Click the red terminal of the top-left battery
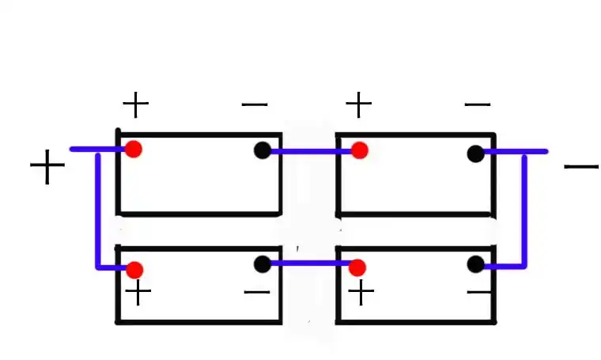coord(134,149)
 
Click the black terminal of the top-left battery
coord(263,150)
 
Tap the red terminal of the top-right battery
coord(359,150)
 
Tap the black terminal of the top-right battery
coord(475,153)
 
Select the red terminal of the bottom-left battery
coord(134,270)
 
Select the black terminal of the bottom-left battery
coord(263,264)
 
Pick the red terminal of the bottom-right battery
coord(357,267)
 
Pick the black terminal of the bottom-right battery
coord(475,264)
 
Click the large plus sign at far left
coord(47,167)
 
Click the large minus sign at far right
coord(581,166)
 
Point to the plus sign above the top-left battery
coord(135,104)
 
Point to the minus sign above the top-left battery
coord(255,104)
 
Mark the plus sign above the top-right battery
coord(359,104)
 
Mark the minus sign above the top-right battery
coord(478,104)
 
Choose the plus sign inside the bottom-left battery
coord(138,294)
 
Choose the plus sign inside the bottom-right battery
coord(361,294)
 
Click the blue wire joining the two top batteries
coord(311,151)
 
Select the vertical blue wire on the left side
coord(98,210)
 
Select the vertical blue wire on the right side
coord(524,210)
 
